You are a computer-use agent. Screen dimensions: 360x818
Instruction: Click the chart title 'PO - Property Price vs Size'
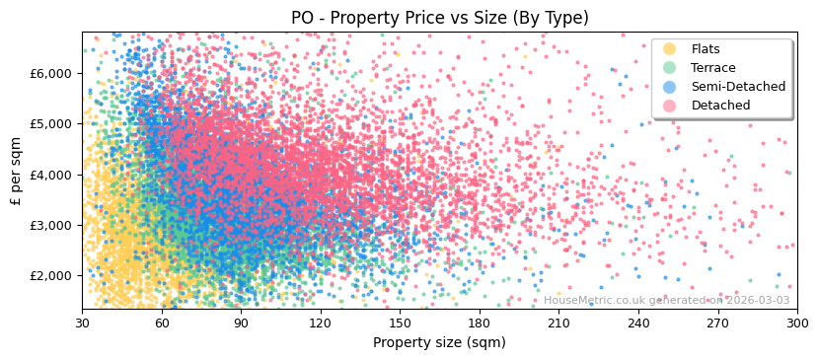click(x=439, y=18)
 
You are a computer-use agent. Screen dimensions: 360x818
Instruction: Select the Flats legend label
click(x=705, y=49)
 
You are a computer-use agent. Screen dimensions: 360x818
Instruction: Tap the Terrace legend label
click(x=712, y=68)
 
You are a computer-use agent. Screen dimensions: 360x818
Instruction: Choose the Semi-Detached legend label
click(x=738, y=87)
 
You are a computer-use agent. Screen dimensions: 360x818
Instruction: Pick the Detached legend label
click(x=719, y=106)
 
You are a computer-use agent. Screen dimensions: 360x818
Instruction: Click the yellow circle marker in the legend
click(x=670, y=49)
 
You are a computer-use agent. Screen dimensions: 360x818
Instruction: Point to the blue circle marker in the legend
click(x=670, y=87)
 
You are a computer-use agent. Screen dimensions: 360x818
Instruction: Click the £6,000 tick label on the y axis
click(x=51, y=73)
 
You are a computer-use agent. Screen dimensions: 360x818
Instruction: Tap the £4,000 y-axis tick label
click(x=51, y=175)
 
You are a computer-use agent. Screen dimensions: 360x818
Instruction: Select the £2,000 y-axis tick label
click(x=51, y=275)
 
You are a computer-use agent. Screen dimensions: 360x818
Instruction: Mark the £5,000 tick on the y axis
click(x=51, y=123)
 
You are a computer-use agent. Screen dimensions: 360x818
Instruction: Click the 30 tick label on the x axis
click(x=82, y=323)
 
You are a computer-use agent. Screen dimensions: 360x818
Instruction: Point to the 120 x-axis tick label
click(x=320, y=323)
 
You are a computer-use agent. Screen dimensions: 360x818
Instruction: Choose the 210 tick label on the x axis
click(x=558, y=323)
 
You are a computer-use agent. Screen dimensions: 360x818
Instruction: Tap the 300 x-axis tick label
click(x=796, y=323)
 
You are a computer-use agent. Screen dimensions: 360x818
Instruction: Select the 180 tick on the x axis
click(x=479, y=323)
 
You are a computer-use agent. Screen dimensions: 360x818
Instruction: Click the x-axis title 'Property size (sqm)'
click(x=439, y=342)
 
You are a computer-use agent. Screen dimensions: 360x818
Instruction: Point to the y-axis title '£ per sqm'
click(x=16, y=172)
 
